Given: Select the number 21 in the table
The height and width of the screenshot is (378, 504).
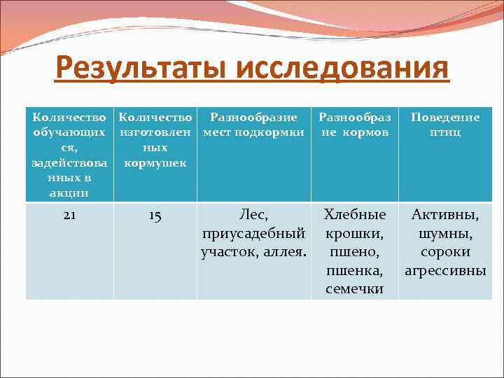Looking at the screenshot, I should coord(69,216).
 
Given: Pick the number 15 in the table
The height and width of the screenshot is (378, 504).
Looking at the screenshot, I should coord(155,216).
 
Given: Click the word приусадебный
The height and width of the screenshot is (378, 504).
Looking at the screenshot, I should coord(253,233).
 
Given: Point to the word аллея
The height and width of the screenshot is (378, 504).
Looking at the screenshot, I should coord(284,251).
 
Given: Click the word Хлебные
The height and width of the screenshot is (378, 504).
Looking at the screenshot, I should coord(354,215).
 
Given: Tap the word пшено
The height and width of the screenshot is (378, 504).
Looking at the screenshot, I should coord(354,251).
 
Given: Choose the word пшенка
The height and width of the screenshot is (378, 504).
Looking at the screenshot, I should coord(354,269).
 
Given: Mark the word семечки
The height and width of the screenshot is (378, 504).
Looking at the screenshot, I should coord(354,288).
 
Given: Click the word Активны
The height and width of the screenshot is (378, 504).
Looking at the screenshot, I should coord(445,215).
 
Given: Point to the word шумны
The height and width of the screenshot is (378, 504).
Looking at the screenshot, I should coord(445,233).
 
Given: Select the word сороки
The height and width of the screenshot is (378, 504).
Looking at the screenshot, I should coord(445,251).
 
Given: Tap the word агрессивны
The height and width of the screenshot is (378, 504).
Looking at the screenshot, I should coord(445,269).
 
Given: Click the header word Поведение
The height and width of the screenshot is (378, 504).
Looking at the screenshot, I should coord(445,117).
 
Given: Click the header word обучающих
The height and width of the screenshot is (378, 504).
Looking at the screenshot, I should coord(69,132).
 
